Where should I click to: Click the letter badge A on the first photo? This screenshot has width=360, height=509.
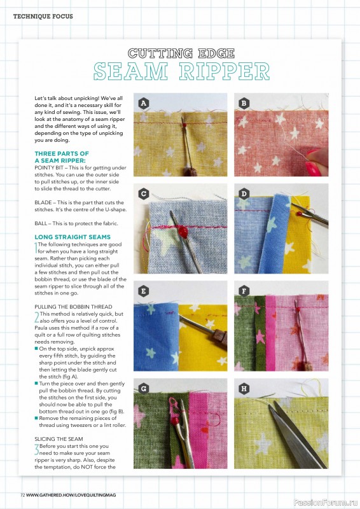tap(143, 102)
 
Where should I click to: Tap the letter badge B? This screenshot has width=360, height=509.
tap(244, 102)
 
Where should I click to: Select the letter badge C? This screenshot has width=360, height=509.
tap(143, 193)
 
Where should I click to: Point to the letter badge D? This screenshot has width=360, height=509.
tap(244, 193)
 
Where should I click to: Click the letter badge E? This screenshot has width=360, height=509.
tap(143, 291)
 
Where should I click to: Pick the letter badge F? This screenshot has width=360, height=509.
tap(244, 291)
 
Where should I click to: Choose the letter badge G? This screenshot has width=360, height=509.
tap(143, 387)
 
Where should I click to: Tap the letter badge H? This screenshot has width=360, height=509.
tap(244, 387)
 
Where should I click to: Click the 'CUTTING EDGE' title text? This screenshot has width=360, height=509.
tap(181, 53)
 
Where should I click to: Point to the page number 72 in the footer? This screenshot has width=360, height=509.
tap(22, 494)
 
